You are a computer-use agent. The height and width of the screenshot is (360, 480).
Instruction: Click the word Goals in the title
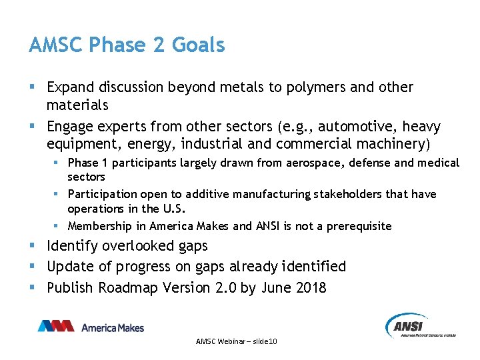click(198, 45)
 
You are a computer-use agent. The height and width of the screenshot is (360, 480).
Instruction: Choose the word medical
click(439, 163)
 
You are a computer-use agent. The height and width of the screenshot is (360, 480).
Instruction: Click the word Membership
click(99, 226)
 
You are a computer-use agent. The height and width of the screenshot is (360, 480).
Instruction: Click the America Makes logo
click(91, 327)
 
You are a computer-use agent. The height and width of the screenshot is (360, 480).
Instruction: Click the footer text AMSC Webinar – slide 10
click(237, 341)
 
